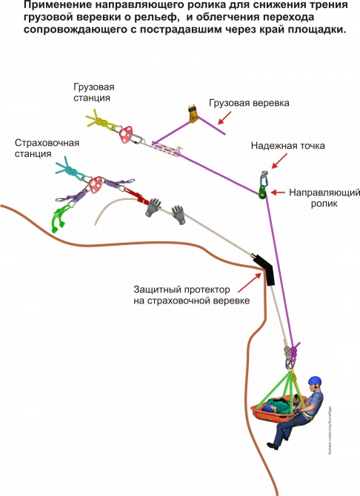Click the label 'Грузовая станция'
(93, 92)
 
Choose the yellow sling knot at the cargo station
(99, 121)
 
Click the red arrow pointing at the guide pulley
(279, 192)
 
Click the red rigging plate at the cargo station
(125, 134)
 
